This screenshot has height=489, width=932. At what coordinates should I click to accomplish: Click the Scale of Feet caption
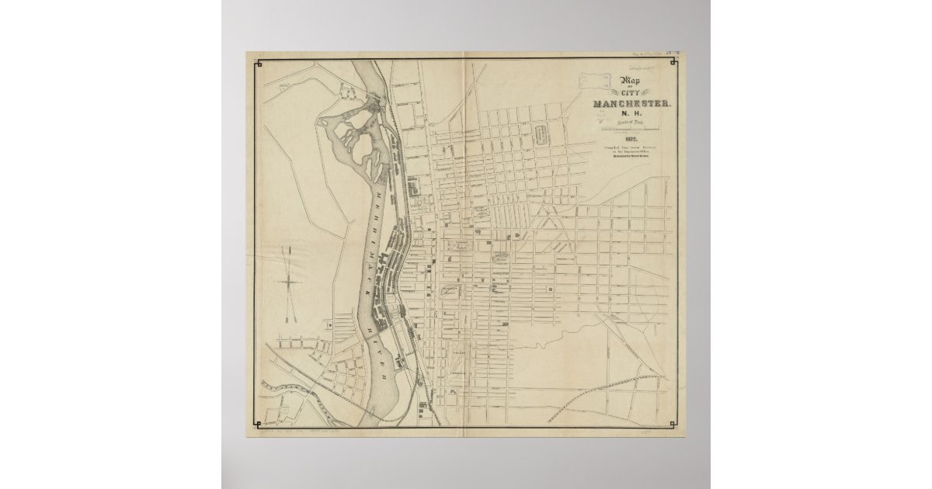631,125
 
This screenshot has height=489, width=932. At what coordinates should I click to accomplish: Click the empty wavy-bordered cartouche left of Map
596,78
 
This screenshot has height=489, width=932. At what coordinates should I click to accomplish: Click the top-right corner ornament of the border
673,62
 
